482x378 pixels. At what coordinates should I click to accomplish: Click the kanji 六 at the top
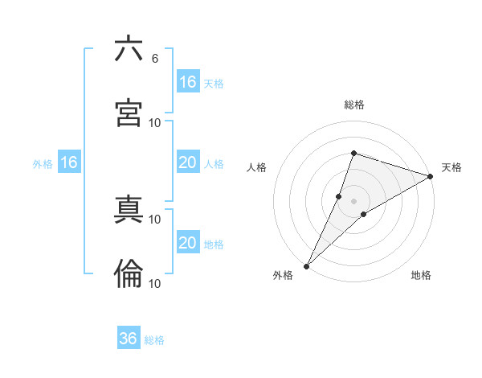point(129,49)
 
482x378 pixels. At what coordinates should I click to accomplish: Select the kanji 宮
point(129,113)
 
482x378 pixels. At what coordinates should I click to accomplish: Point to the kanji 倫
point(129,274)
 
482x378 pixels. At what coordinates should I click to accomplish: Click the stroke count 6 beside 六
point(154,58)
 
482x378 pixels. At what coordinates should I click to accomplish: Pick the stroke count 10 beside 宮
point(155,122)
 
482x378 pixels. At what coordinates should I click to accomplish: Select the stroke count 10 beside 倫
point(155,283)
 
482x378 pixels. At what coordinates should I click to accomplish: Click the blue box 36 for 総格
point(129,339)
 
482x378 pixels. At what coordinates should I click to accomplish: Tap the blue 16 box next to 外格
point(69,163)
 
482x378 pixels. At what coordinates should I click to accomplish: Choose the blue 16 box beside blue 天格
point(188,82)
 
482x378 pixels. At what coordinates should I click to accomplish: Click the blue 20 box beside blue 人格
point(188,163)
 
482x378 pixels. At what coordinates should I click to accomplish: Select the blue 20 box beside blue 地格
point(188,243)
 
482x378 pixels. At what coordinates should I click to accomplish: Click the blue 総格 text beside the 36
point(154,340)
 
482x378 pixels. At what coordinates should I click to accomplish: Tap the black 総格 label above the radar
point(353,105)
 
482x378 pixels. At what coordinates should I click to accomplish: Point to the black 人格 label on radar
point(256,167)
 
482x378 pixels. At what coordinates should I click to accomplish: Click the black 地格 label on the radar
point(421,276)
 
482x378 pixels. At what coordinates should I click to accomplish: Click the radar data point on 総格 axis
point(353,153)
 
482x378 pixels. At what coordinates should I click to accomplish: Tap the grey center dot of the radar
point(353,201)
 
